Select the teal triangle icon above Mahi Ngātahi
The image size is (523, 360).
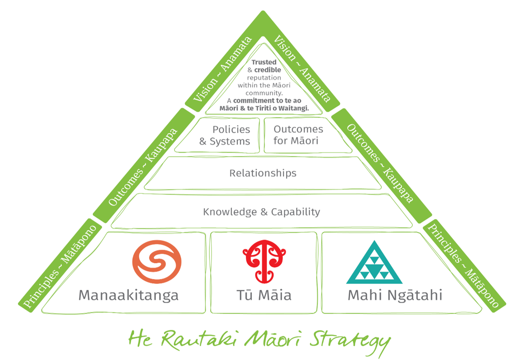(374, 263)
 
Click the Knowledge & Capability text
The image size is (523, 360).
(261, 212)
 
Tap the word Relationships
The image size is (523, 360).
(263, 173)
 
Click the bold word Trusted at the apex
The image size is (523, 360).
(265, 62)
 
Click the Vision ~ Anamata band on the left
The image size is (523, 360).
(223, 70)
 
